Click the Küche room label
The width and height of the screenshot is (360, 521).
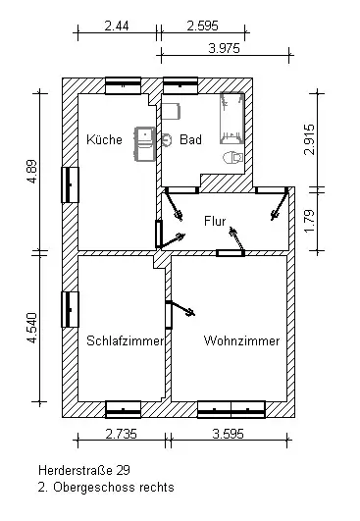tap(104, 139)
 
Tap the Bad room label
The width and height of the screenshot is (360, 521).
tap(190, 139)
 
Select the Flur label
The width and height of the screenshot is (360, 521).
tap(215, 221)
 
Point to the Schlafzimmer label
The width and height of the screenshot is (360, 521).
tap(126, 340)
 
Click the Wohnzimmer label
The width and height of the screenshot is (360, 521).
tap(241, 340)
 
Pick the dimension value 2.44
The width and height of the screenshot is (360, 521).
tap(117, 26)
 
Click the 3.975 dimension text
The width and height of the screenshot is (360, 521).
tap(225, 48)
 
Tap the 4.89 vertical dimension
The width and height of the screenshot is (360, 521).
tap(32, 172)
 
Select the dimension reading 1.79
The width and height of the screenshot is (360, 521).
tap(309, 222)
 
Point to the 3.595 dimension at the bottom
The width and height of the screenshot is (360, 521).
tap(229, 434)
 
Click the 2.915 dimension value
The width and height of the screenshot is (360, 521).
tap(309, 139)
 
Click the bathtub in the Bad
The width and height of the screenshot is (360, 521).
tap(232, 118)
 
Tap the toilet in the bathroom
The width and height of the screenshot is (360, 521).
tap(232, 158)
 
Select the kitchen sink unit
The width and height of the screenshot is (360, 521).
tap(145, 144)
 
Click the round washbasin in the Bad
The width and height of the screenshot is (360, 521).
tap(167, 140)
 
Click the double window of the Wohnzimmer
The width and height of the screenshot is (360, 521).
tap(231, 409)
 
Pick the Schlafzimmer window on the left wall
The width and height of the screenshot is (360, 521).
tap(70, 309)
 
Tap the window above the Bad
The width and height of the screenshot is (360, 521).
tap(180, 85)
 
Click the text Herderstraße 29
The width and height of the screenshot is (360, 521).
tap(84, 470)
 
